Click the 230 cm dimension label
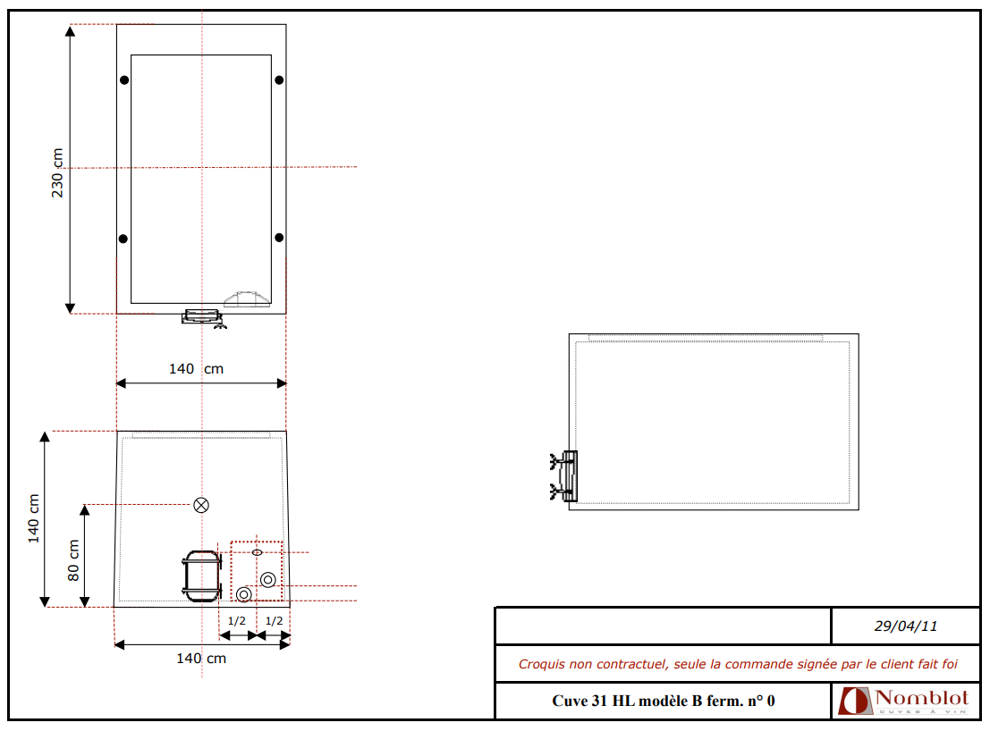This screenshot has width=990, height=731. click(x=57, y=172)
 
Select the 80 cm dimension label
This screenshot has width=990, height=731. click(x=73, y=560)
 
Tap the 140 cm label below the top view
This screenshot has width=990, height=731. click(x=197, y=369)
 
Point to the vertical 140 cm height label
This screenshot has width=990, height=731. click(x=33, y=518)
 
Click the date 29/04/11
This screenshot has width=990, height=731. click(x=905, y=626)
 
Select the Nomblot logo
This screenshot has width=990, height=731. click(x=903, y=701)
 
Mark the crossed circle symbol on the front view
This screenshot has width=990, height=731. click(x=201, y=505)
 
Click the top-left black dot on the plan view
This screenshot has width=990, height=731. click(x=124, y=80)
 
